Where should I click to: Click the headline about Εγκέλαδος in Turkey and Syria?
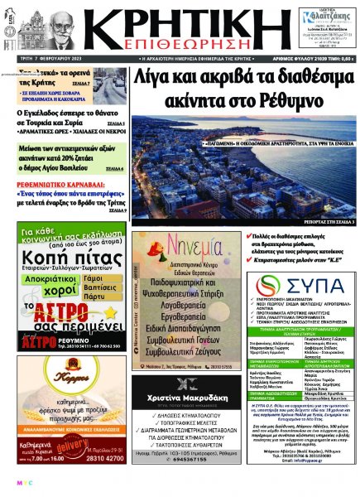[67, 118]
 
